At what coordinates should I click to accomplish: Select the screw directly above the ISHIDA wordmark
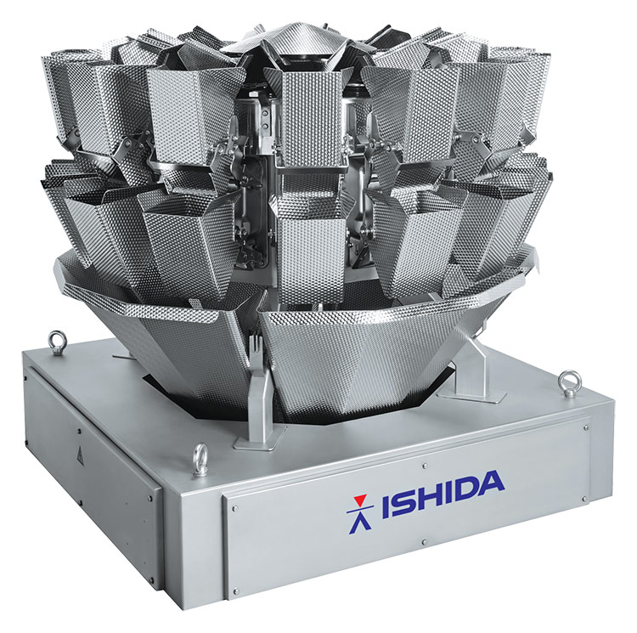click(424, 466)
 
